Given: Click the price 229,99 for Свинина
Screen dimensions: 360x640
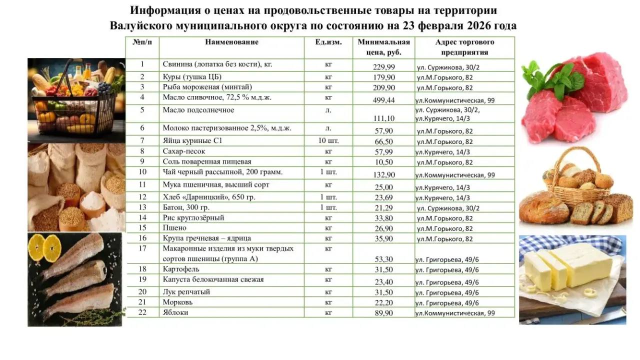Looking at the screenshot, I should point(383,67).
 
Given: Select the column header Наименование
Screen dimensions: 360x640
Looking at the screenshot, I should point(231,42).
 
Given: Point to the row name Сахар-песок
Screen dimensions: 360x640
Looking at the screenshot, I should point(184,151).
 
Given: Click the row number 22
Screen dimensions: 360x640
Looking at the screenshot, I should point(142,312).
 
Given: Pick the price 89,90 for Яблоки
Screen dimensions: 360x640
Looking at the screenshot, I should point(383,313).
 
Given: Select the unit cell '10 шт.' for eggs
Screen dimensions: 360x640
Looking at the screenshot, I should point(328,141).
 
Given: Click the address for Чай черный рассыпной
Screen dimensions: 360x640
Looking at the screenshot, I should point(455,175).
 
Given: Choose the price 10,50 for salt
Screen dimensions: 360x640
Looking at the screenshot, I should point(383,162).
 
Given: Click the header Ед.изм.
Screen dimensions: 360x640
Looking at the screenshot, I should point(328,42).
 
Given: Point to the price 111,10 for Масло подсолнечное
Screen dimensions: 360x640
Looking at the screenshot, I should point(383,118).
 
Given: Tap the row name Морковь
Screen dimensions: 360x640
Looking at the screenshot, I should point(177,302).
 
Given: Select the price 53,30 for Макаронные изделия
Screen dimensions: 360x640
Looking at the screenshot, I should point(383,259).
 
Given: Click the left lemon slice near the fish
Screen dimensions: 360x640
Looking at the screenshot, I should point(37,247).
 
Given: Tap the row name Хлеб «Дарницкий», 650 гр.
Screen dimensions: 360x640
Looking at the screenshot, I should point(209,197).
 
